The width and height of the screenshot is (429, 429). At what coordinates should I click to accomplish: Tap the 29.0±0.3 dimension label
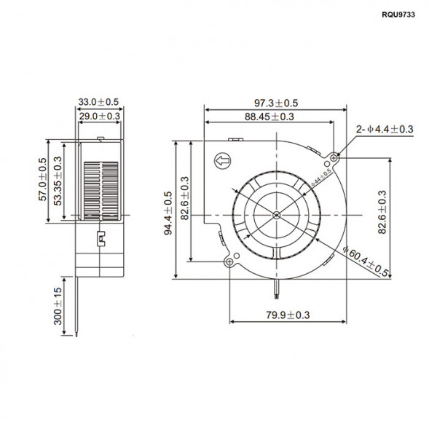coord(99,116)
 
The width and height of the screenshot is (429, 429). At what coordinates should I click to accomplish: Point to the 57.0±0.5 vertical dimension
coord(43,180)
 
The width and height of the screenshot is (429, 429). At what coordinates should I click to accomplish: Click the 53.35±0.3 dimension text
coord(58,181)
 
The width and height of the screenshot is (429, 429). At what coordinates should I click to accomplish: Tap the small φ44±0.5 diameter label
coord(321,175)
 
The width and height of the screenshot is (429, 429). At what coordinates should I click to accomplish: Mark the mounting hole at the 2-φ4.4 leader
coord(334,156)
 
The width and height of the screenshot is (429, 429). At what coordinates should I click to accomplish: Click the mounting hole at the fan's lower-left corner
coord(230,261)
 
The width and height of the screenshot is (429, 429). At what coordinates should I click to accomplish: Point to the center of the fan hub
coord(278,214)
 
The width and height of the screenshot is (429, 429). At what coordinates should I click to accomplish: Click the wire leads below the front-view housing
coord(278,288)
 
